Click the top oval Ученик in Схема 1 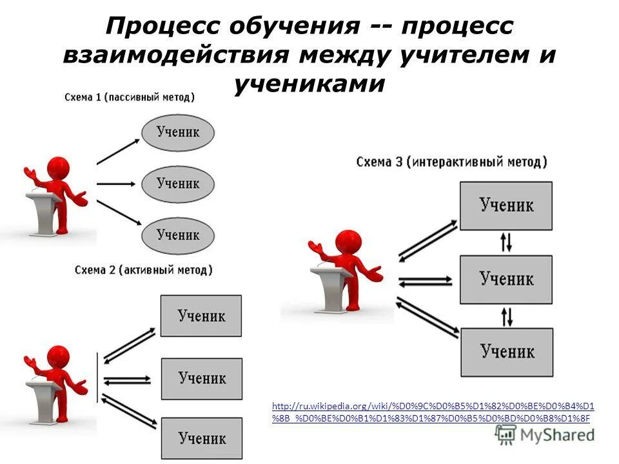[177, 133]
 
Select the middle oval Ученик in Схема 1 [177, 184]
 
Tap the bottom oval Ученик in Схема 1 [177, 235]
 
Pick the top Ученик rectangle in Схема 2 [201, 316]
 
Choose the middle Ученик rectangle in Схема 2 [201, 378]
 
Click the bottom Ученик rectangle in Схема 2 [201, 439]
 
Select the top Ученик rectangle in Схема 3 [506, 206]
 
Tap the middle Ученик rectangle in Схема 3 [506, 279]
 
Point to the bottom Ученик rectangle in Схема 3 [506, 352]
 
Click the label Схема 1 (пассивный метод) [130, 97]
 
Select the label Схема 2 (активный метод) [144, 269]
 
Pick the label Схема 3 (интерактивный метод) [451, 162]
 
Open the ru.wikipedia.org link [433, 412]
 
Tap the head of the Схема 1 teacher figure [57, 169]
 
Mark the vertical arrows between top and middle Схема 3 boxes [507, 243]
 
